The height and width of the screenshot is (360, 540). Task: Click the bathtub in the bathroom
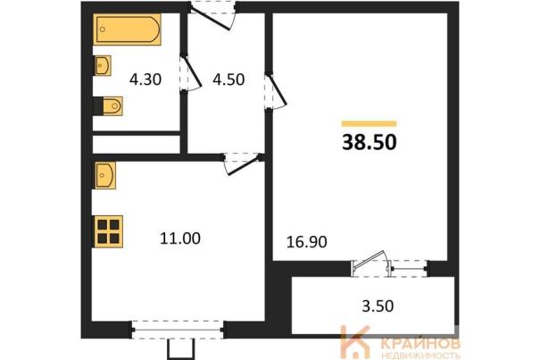(127, 29)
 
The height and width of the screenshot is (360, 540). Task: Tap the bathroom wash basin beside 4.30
(103, 65)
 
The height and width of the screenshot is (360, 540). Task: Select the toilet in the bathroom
(108, 106)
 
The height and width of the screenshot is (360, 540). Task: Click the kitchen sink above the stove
(105, 175)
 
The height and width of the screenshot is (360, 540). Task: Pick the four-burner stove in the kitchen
(108, 231)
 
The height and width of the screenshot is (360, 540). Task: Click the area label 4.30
(145, 80)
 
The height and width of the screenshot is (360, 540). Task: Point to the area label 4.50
(228, 80)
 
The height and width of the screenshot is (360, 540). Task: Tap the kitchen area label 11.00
(180, 239)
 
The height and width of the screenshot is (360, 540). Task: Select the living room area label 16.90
(307, 242)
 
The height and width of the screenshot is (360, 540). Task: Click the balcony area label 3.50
(378, 306)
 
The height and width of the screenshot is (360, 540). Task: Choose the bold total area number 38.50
(370, 142)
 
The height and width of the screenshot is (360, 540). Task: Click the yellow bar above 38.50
(370, 124)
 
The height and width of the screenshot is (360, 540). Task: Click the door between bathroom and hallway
(190, 73)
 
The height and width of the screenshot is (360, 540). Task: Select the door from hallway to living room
(276, 91)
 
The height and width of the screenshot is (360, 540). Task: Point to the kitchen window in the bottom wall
(178, 330)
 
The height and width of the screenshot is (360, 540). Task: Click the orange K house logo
(354, 342)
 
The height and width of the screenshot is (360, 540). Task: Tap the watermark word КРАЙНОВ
(421, 344)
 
